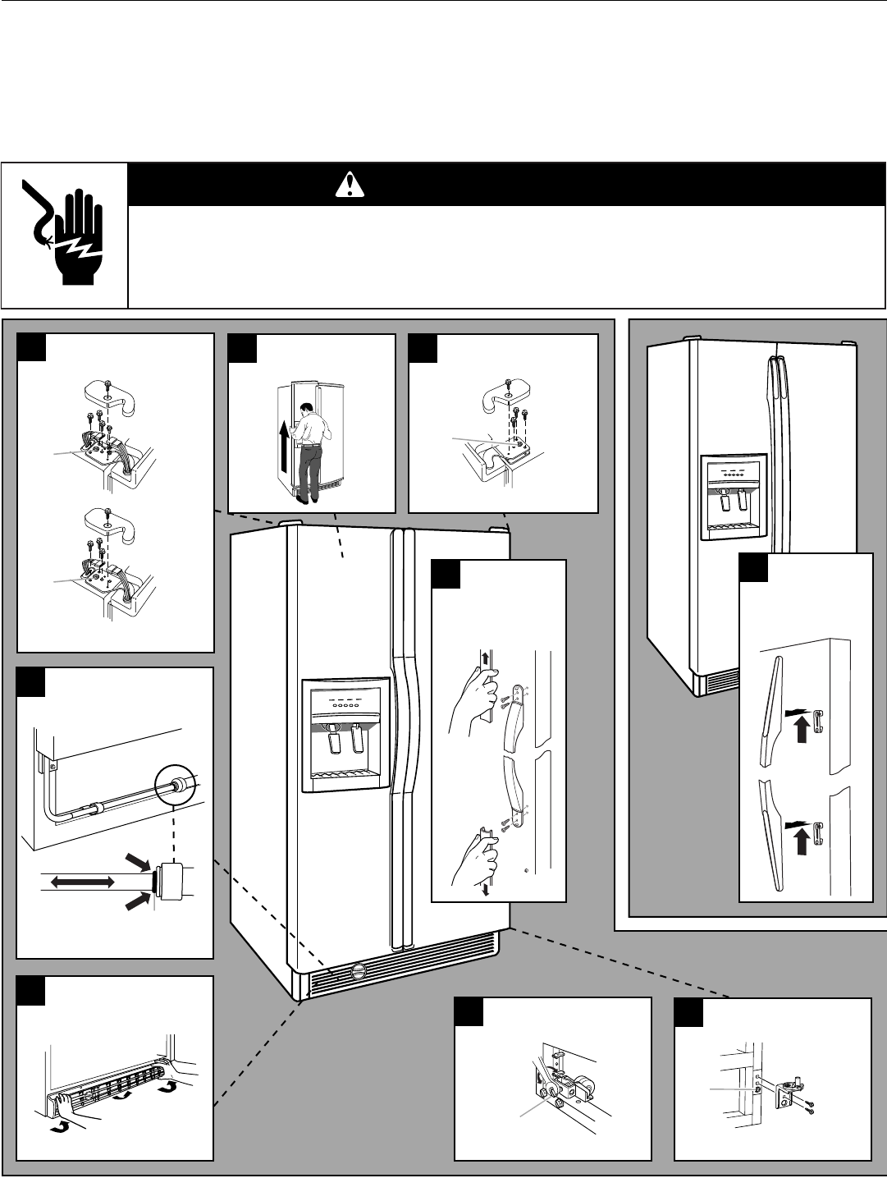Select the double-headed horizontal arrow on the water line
[81, 881]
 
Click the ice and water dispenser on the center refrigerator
[345, 735]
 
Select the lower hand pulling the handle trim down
[478, 859]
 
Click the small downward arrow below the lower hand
[487, 892]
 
